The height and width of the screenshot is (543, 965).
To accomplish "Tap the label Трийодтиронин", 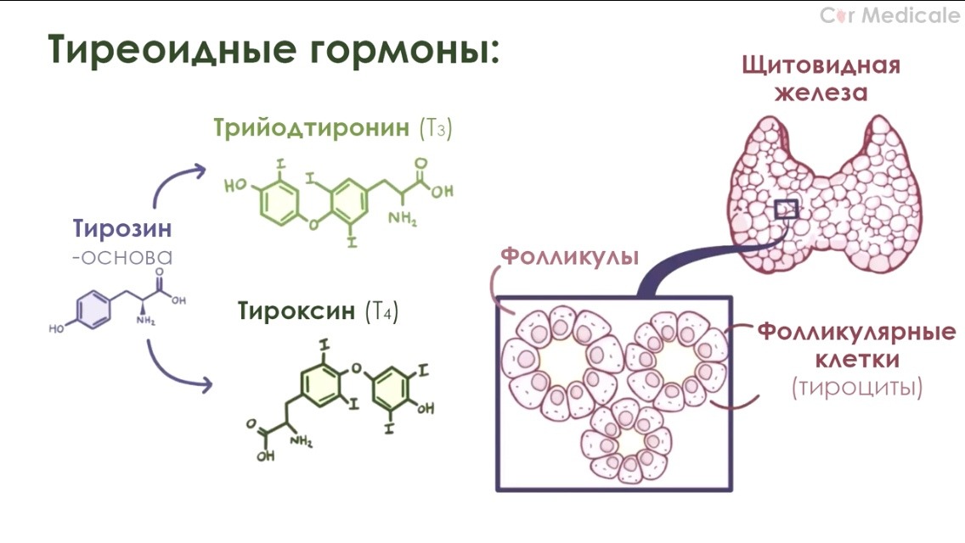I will point(313,128).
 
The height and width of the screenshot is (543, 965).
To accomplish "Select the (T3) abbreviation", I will point(436,129).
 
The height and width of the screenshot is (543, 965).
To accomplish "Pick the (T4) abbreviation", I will point(381,311).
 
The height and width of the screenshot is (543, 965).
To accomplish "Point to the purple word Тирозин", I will point(122,229).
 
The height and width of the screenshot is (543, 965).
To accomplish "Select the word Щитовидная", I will point(820,65).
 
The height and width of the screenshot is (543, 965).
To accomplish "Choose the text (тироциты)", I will point(856,388).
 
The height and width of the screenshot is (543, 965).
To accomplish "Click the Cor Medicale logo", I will point(889,15).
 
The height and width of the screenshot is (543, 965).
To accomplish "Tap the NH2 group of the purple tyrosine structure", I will point(147,321).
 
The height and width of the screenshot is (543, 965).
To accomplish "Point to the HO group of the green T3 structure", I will point(234,187).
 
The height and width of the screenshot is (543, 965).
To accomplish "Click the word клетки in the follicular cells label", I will point(857,359).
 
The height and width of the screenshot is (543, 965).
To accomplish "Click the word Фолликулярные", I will point(856,330).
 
